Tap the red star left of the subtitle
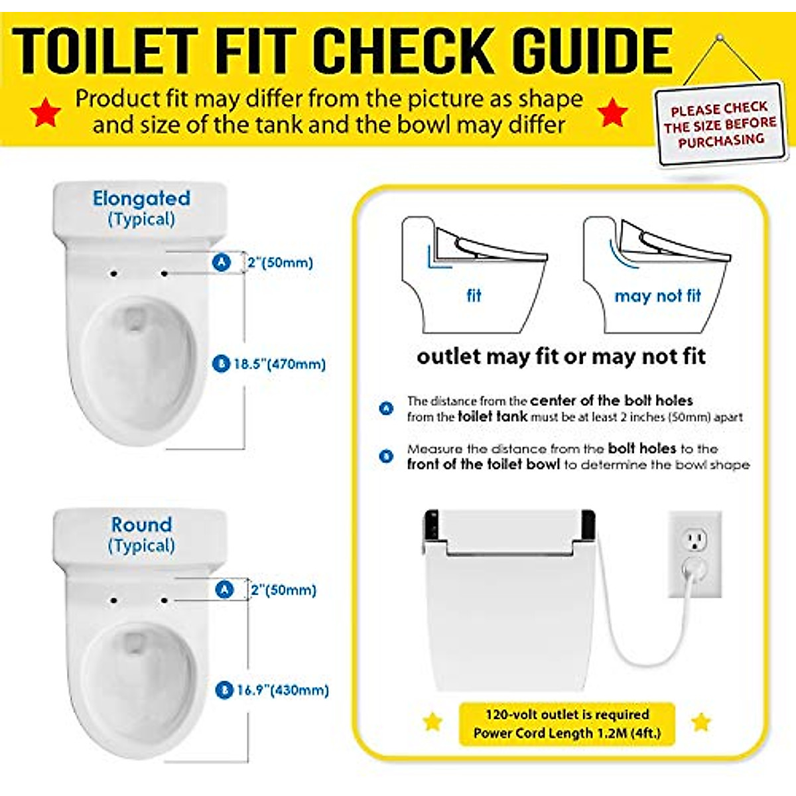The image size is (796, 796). pyautogui.click(x=45, y=112)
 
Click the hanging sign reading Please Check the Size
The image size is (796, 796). pyautogui.click(x=720, y=124)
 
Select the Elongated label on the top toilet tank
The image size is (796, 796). pyautogui.click(x=141, y=198)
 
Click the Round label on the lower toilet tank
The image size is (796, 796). pyautogui.click(x=141, y=525)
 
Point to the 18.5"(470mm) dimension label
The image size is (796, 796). pyautogui.click(x=279, y=364)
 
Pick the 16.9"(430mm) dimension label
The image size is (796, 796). pyautogui.click(x=283, y=690)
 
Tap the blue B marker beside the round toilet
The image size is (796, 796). pyautogui.click(x=224, y=690)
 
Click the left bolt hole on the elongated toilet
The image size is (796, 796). pyautogui.click(x=114, y=273)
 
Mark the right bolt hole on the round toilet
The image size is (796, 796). pyautogui.click(x=164, y=600)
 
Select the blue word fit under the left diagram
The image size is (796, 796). pyautogui.click(x=474, y=296)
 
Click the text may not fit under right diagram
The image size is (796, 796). pyautogui.click(x=657, y=296)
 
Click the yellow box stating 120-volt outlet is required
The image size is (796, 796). pyautogui.click(x=566, y=724)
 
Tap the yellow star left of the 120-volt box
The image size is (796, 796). pyautogui.click(x=432, y=721)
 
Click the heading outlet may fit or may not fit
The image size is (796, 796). pyautogui.click(x=561, y=357)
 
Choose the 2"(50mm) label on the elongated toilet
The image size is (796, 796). pyautogui.click(x=280, y=262)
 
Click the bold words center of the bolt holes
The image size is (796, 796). pyautogui.click(x=611, y=401)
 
